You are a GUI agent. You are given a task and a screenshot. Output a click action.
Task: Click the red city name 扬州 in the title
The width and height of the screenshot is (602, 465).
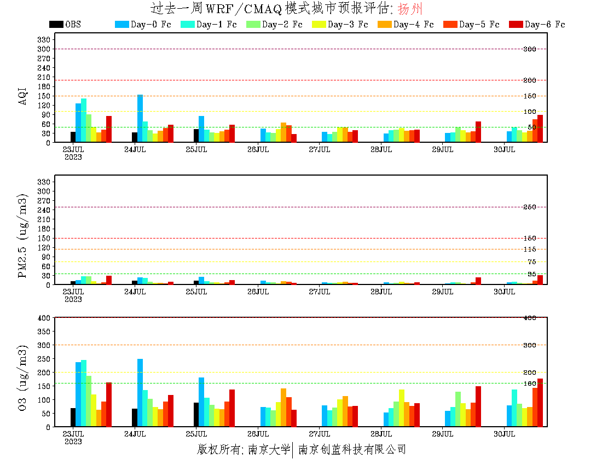(410, 9)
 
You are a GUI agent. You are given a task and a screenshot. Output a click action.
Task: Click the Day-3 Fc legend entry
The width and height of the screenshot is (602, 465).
(340, 25)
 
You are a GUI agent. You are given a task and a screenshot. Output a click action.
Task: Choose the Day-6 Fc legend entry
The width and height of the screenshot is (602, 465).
(537, 25)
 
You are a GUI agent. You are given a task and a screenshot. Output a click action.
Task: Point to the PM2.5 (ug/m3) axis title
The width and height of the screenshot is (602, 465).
(23, 235)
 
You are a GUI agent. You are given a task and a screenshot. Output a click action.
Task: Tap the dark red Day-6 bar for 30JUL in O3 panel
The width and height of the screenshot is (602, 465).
(540, 403)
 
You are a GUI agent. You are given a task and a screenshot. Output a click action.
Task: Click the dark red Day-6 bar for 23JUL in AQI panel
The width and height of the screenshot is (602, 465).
(109, 129)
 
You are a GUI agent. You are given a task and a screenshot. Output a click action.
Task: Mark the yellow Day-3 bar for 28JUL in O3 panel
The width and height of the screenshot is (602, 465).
(402, 408)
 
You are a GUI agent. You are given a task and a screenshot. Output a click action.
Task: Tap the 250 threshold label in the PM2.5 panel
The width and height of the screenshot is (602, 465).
(530, 207)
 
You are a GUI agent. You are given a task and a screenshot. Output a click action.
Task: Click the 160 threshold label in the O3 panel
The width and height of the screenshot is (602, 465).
(530, 383)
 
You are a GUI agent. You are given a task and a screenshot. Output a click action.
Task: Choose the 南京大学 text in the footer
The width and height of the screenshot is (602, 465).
(269, 450)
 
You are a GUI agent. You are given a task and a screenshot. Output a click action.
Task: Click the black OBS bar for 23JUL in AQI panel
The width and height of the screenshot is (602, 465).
(73, 137)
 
